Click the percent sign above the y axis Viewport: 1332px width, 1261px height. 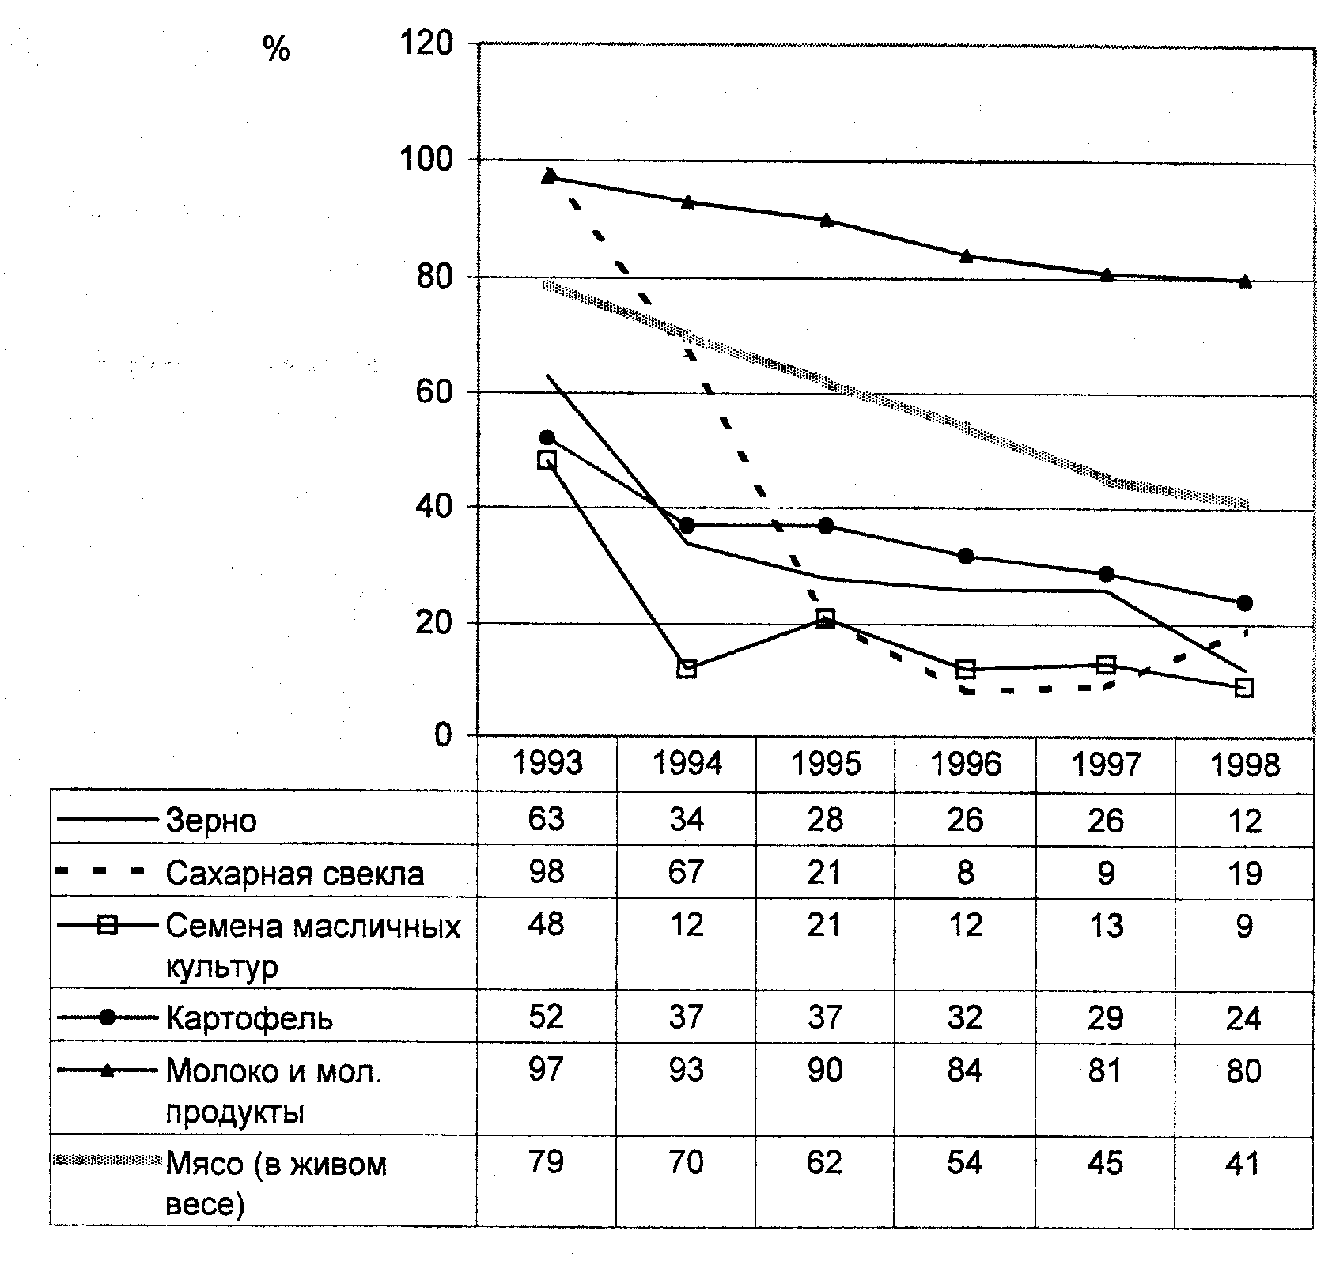point(277,51)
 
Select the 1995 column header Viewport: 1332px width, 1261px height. point(826,764)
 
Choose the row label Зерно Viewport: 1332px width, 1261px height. point(211,821)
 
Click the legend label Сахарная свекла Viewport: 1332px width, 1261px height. point(294,874)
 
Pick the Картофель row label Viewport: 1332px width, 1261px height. point(249,1018)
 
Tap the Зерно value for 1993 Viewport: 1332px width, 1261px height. point(547,819)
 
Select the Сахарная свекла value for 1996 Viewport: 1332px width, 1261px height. point(966,873)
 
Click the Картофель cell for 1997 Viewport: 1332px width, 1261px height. point(1105,1017)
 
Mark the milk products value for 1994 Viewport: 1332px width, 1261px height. point(686,1070)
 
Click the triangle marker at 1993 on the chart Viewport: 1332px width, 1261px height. point(549,176)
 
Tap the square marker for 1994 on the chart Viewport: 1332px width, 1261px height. point(687,669)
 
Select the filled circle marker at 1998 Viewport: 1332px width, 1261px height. point(1244,603)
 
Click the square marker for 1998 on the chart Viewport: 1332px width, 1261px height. point(1244,688)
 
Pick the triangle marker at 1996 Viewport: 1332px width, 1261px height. point(966,255)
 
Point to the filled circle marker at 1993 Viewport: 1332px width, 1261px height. point(547,437)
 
